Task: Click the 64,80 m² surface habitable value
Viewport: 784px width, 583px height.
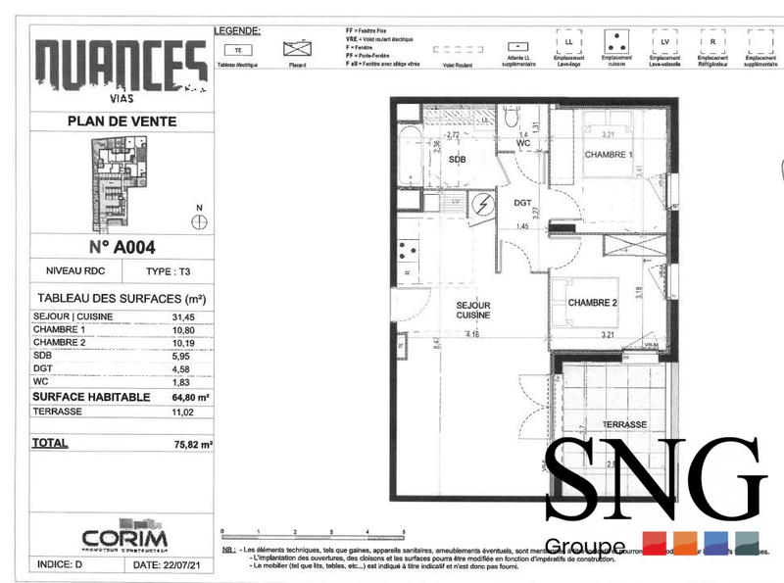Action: (x=192, y=398)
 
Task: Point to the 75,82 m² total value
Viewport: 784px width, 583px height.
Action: (x=192, y=444)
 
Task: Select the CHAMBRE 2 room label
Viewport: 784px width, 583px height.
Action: (x=592, y=303)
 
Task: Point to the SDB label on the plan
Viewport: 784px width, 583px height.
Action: (x=457, y=159)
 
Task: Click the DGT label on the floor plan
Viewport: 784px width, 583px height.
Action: (x=522, y=203)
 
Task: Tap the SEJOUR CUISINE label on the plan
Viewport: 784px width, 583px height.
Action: (x=472, y=311)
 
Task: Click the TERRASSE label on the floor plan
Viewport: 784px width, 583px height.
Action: (x=623, y=424)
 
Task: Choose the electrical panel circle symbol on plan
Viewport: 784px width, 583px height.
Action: (x=482, y=204)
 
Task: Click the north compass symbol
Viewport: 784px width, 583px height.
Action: (x=200, y=222)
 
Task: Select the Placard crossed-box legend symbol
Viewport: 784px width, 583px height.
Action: (x=297, y=48)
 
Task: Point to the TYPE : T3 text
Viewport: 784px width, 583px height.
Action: (x=168, y=271)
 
